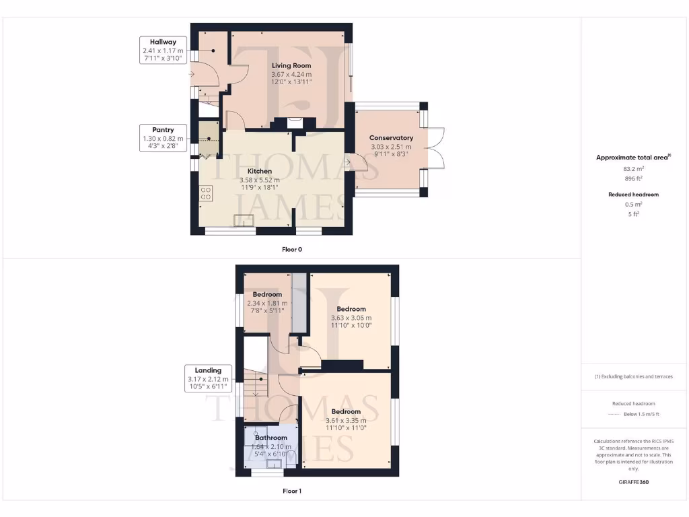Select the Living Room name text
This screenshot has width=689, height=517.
291,65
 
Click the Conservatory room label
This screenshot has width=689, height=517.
391,138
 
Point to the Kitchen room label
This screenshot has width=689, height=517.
259,171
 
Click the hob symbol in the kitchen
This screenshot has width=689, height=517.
206,194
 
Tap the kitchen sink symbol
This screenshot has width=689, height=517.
244,220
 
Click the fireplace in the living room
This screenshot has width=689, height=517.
294,123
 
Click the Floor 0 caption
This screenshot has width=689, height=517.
292,249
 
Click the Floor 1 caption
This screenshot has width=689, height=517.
292,491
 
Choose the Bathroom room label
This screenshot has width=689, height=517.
271,438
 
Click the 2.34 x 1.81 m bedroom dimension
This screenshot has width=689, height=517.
267,303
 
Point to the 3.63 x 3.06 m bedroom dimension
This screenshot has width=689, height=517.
351,318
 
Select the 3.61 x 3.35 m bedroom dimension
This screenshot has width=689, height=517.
345,419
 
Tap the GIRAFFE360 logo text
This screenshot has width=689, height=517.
633,482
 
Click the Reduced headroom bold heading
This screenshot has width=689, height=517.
633,194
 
